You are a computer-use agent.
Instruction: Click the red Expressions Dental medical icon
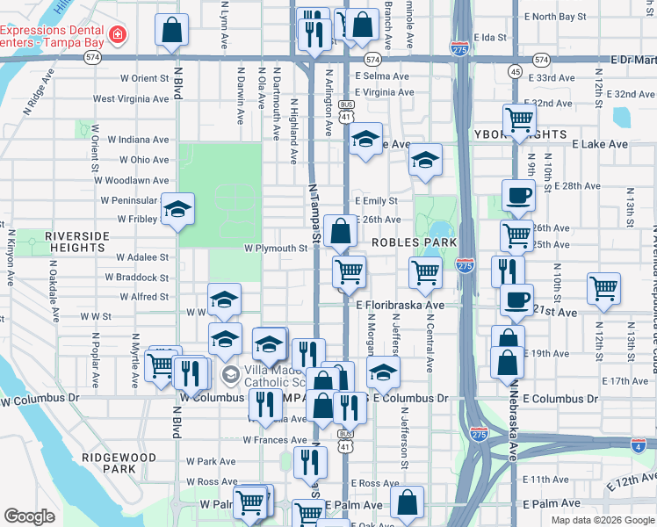tap(118, 35)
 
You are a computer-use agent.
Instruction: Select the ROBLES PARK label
tap(415, 242)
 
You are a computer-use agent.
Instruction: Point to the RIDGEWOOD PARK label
tap(119, 464)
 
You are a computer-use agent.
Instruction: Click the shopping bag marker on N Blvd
tap(172, 30)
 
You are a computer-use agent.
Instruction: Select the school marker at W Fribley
tap(177, 211)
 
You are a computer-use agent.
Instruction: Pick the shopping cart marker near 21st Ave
tap(603, 288)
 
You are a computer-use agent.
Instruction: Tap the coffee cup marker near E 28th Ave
tap(517, 196)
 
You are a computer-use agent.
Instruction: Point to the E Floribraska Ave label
tap(401, 305)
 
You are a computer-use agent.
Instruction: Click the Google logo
tap(29, 516)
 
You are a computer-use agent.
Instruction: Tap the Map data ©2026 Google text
tap(602, 520)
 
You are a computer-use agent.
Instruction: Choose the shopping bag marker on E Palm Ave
tap(407, 502)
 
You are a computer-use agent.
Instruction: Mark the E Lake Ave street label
tap(599, 144)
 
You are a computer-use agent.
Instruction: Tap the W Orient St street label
tap(138, 79)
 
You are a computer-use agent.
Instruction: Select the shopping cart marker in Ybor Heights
tap(519, 119)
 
